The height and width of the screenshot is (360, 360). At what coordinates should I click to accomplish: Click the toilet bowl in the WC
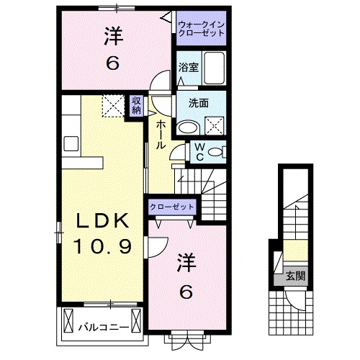click(x=219, y=151)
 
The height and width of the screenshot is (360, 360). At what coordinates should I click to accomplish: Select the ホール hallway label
click(x=161, y=135)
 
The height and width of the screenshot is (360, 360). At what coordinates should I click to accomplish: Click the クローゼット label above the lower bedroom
click(x=172, y=207)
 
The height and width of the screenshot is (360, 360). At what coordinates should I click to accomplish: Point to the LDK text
click(x=103, y=221)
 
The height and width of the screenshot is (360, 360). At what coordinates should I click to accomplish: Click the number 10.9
click(x=102, y=247)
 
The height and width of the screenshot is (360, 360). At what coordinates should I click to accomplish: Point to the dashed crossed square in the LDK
click(x=112, y=106)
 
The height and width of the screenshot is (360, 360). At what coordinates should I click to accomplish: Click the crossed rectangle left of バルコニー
click(x=69, y=318)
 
